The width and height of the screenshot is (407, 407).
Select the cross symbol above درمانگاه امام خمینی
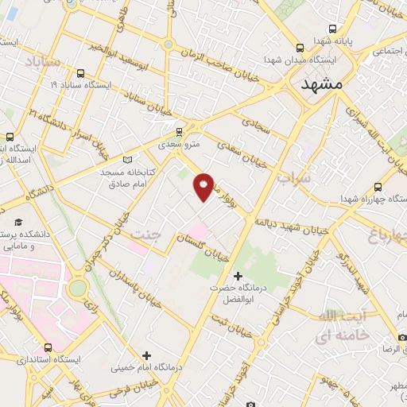[x=145, y=355]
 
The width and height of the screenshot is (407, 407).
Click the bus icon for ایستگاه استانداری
[x=48, y=347]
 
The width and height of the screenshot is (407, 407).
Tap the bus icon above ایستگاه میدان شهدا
[x=299, y=47]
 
